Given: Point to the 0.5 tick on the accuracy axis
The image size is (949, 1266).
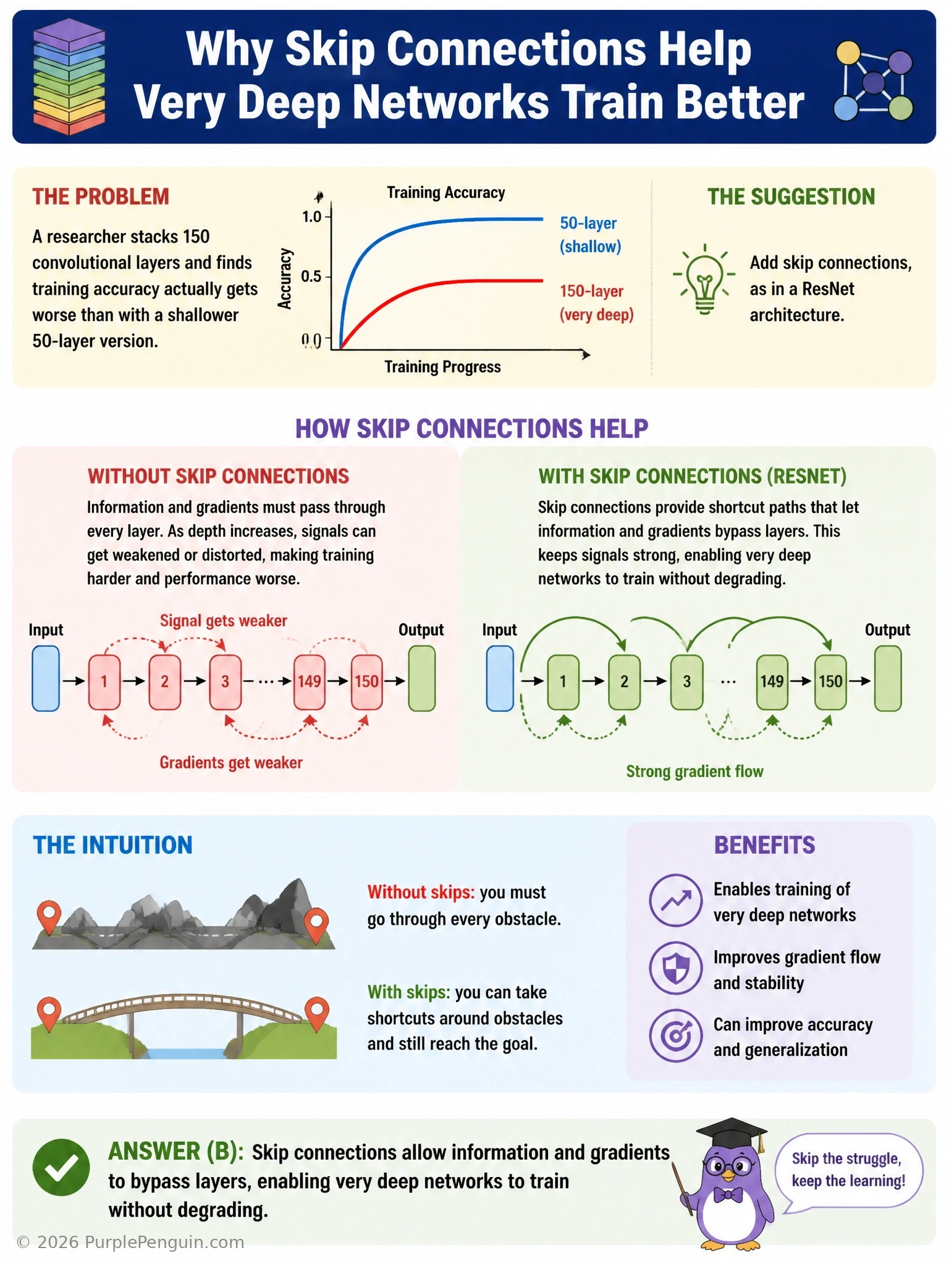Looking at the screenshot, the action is [311, 276].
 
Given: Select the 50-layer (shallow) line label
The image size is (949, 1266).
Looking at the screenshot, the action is [590, 235].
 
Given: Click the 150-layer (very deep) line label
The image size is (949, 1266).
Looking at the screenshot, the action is [596, 303].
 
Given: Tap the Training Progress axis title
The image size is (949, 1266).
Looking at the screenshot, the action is [442, 367].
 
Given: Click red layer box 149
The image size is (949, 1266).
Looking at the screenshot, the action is [309, 681].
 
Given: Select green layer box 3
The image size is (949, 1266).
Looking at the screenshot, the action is [686, 681].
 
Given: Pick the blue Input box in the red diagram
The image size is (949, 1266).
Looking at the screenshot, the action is [46, 679].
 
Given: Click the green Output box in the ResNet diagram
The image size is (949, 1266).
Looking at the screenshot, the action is [888, 679].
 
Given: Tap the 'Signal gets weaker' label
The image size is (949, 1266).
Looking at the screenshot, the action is [224, 621].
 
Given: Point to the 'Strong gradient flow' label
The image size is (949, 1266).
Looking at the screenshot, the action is [694, 771].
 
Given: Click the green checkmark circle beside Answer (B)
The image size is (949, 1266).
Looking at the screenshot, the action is [61, 1167].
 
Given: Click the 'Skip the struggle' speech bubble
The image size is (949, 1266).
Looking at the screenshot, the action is [848, 1170].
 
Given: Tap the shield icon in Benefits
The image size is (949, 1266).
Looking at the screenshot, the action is [676, 968].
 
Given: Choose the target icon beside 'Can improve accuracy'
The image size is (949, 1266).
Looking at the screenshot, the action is [676, 1035].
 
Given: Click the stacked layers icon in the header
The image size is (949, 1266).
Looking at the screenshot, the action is [69, 77].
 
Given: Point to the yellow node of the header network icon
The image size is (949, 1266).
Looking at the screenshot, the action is [848, 53].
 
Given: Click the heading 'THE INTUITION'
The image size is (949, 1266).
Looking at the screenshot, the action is [112, 845].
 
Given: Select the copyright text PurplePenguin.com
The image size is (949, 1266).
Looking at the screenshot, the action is [130, 1242].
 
